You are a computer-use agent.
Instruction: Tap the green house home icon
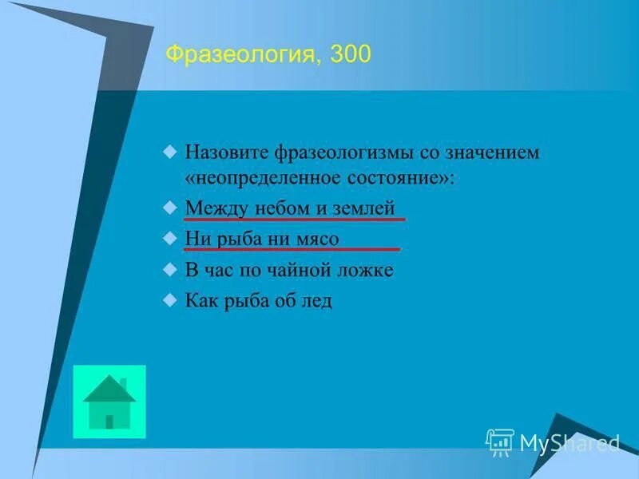click(x=109, y=402)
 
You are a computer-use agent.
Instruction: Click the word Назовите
click(x=227, y=152)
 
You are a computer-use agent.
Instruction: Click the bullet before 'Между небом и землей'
click(x=169, y=208)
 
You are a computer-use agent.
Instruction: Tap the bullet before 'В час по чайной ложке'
click(x=169, y=269)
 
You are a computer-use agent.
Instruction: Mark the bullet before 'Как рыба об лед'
click(x=169, y=299)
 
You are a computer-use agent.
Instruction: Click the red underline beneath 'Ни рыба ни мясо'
click(x=292, y=249)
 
